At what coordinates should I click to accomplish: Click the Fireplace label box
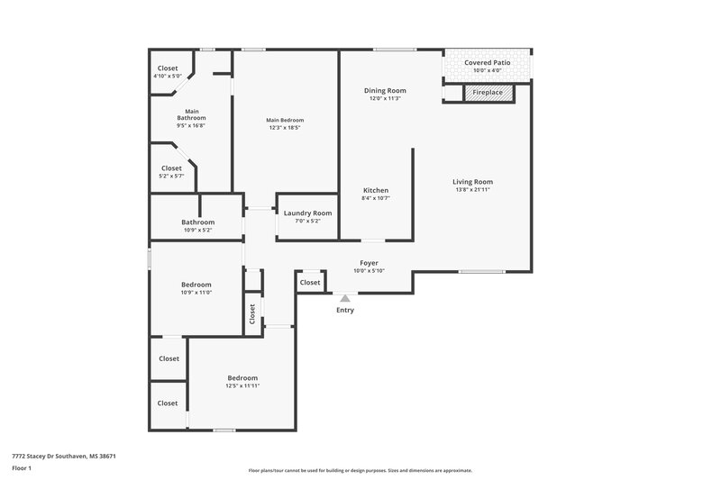[x=488, y=92]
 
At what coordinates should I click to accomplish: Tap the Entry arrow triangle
[x=344, y=297]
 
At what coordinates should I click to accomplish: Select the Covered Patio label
[x=488, y=63]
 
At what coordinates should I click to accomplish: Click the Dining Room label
[x=385, y=90]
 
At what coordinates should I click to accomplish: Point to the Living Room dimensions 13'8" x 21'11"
[x=472, y=190]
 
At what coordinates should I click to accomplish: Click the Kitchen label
[x=376, y=191]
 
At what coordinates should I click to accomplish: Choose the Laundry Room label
[x=307, y=213]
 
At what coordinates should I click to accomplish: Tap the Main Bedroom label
[x=285, y=120]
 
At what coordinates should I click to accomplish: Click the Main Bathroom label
[x=191, y=113]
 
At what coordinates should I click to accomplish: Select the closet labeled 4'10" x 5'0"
[x=168, y=77]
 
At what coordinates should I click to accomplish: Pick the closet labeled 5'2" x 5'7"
[x=171, y=177]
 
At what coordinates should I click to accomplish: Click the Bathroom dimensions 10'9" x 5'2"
[x=197, y=231]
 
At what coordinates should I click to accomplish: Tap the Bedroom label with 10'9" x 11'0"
[x=196, y=285]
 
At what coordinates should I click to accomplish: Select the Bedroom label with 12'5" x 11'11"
[x=242, y=377]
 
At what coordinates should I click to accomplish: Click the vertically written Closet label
[x=252, y=313]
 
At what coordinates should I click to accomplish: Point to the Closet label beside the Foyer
[x=310, y=283]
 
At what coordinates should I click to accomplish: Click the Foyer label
[x=370, y=263]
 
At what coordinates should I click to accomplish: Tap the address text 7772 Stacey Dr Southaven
[x=63, y=456]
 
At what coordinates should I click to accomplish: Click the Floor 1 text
[x=22, y=469]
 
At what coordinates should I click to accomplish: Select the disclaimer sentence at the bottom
[x=360, y=470]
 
